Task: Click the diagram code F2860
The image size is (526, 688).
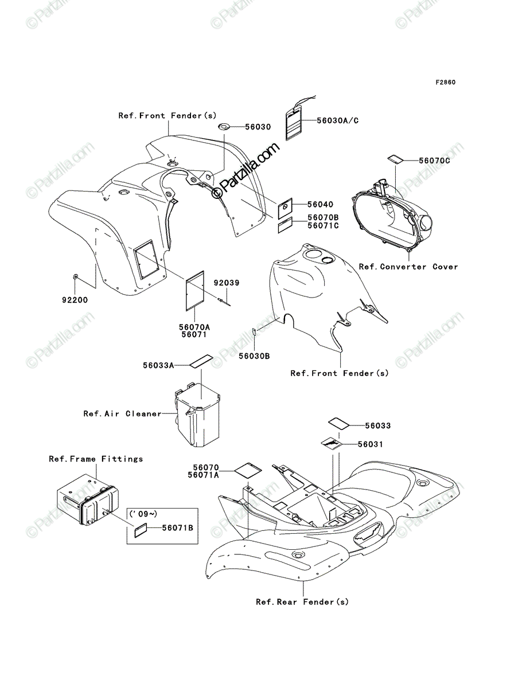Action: pyautogui.click(x=446, y=83)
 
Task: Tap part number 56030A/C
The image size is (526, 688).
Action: pyautogui.click(x=338, y=120)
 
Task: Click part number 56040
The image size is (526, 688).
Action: pyautogui.click(x=320, y=205)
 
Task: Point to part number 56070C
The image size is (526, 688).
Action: pyautogui.click(x=434, y=161)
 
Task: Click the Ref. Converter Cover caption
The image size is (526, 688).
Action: pyautogui.click(x=408, y=267)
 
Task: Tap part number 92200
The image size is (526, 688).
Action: pyautogui.click(x=75, y=300)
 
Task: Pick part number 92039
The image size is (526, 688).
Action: pyautogui.click(x=227, y=283)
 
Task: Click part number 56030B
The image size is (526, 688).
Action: pyautogui.click(x=254, y=357)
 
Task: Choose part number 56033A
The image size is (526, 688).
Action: pyautogui.click(x=158, y=365)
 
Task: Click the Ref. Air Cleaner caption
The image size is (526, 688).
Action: pyautogui.click(x=123, y=414)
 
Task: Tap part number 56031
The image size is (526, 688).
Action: pyautogui.click(x=371, y=444)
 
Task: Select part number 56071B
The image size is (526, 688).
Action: pyautogui.click(x=178, y=528)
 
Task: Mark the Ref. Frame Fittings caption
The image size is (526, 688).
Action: pyautogui.click(x=96, y=459)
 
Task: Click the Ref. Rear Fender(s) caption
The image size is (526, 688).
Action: pyautogui.click(x=302, y=602)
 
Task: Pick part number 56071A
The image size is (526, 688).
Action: pyautogui.click(x=204, y=475)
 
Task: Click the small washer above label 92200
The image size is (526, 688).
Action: pyautogui.click(x=75, y=276)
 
